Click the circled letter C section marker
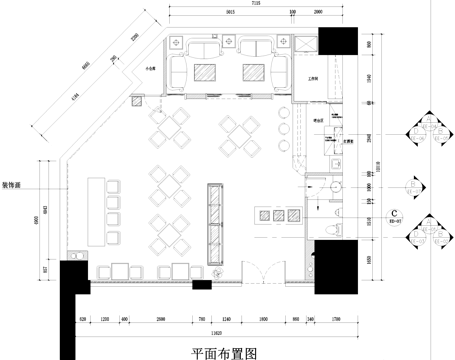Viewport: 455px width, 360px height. (396, 213)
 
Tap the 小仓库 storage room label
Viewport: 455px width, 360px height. (153, 69)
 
